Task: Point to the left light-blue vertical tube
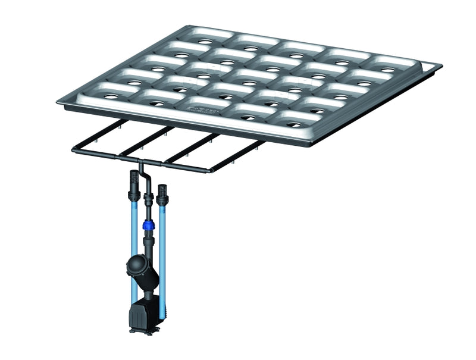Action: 134,238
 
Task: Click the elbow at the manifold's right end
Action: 209,171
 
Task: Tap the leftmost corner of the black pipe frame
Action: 74,149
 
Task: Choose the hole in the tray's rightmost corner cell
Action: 387,70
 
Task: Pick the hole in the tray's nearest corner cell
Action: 292,125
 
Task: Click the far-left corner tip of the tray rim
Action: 58,102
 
